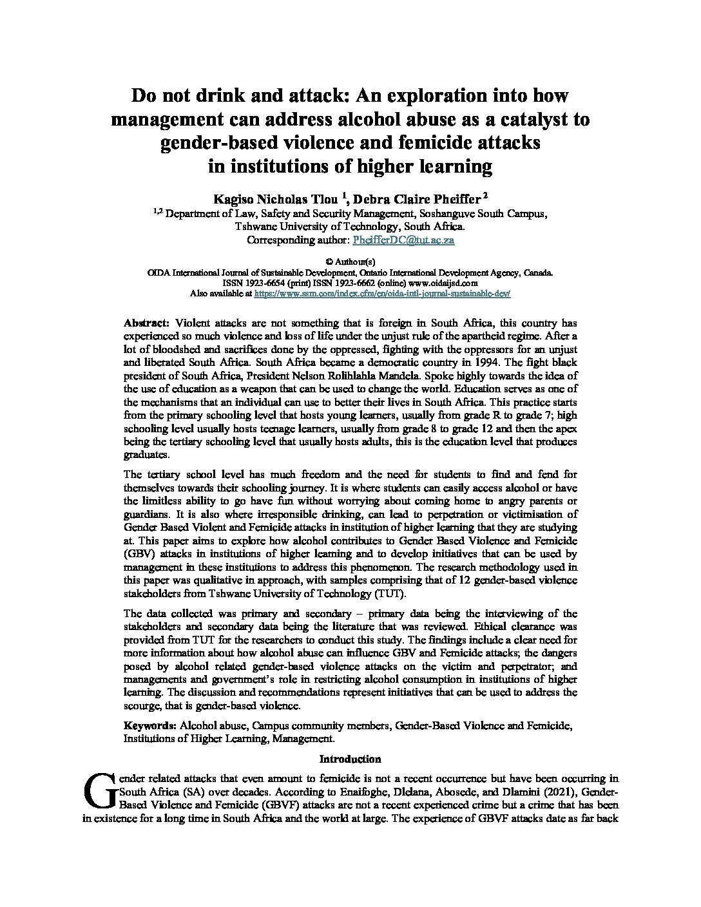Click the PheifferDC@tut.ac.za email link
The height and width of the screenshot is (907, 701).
(x=403, y=240)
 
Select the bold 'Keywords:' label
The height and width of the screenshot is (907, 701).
(x=151, y=726)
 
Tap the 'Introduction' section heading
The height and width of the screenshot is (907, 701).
(x=350, y=759)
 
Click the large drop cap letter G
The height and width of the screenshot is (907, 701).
(x=100, y=790)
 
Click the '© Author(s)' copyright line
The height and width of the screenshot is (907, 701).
(x=350, y=262)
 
